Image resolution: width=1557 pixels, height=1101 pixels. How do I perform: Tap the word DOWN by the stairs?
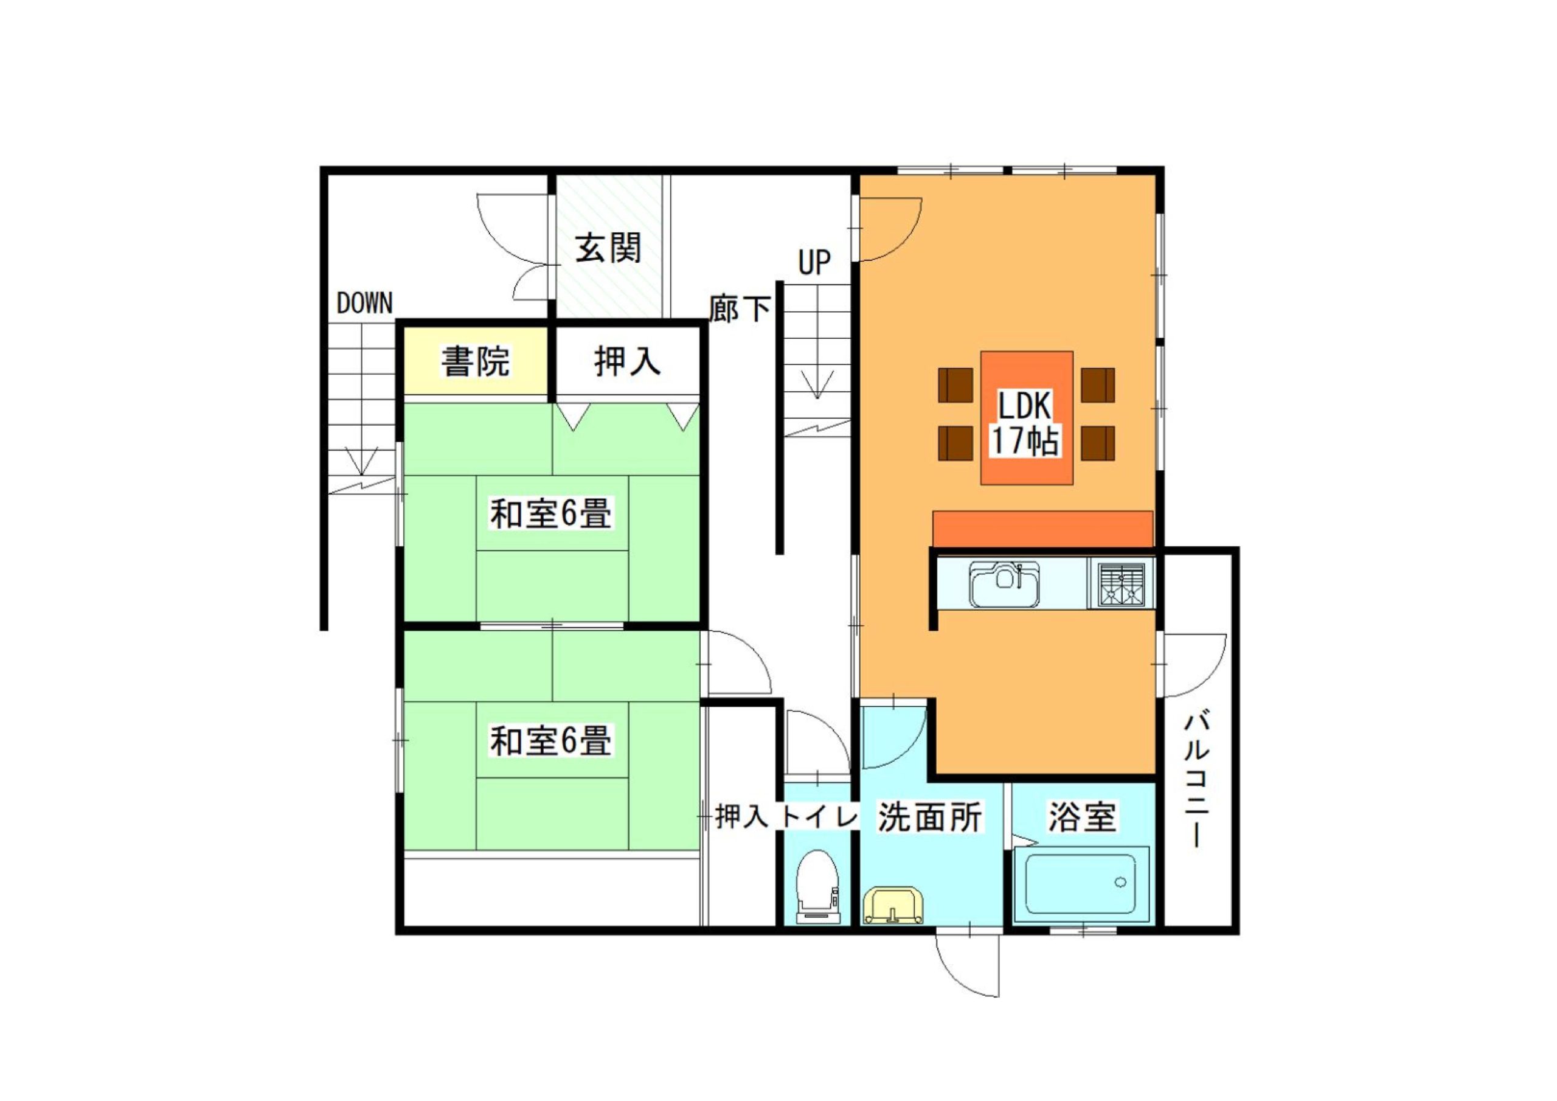click(365, 304)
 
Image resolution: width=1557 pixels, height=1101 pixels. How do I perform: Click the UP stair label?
click(814, 263)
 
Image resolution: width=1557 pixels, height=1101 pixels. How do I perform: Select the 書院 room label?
click(476, 361)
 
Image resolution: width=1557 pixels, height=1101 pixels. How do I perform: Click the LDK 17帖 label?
click(1025, 424)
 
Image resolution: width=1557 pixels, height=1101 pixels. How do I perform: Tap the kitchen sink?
click(1005, 583)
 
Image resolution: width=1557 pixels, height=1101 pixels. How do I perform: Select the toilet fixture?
click(817, 886)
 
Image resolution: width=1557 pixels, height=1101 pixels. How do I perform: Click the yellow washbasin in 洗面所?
click(892, 905)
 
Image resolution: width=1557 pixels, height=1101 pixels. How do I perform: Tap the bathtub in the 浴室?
click(1080, 884)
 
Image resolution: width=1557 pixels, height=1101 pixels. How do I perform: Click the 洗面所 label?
click(930, 817)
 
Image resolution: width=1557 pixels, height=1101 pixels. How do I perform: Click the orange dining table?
click(1027, 418)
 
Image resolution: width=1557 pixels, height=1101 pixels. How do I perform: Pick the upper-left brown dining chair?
click(955, 385)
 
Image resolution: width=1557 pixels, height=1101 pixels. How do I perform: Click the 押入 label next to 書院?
click(627, 361)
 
